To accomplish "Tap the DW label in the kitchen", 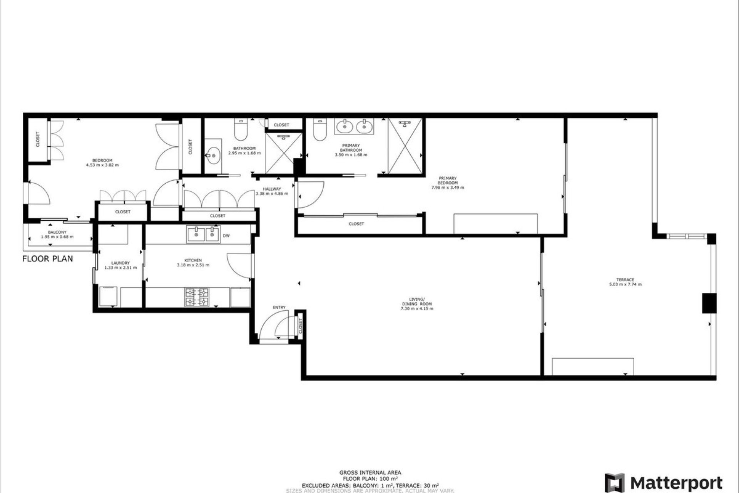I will click(x=226, y=236).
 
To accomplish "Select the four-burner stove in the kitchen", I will click(x=197, y=297).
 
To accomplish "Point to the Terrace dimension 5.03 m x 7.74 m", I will click(x=625, y=285).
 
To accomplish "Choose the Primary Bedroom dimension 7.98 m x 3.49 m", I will click(x=448, y=188).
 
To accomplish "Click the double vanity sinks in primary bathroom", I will click(x=354, y=126).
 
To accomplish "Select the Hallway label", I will click(x=272, y=189).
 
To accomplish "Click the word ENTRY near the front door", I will click(x=279, y=307).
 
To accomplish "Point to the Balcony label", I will click(x=57, y=232).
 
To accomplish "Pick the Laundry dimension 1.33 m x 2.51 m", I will click(x=120, y=268).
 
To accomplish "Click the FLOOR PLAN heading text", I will click(x=47, y=259).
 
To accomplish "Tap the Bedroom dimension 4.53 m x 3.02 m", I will click(x=102, y=165).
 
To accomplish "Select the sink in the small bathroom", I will click(x=213, y=156).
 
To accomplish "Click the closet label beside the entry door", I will click(x=301, y=326).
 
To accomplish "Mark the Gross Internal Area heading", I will click(x=370, y=473).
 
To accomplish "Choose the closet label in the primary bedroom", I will click(x=356, y=224).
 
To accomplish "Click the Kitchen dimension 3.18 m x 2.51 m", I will click(x=193, y=265).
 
